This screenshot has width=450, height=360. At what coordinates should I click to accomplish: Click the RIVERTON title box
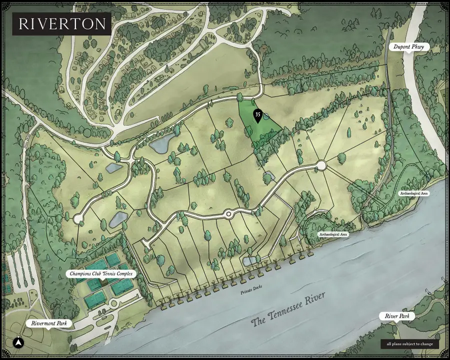61,23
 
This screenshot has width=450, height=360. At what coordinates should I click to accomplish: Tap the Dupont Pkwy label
408,47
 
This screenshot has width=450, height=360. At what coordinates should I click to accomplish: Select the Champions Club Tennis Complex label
102,274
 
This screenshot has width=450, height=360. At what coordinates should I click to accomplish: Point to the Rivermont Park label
50,323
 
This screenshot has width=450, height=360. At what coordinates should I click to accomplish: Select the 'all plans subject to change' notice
409,344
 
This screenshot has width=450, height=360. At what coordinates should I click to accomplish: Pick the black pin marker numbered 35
257,115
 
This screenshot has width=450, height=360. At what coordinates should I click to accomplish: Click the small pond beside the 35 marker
266,116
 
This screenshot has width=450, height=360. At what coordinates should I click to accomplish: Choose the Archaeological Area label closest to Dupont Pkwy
414,193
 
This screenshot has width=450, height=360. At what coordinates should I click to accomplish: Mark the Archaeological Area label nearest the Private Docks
333,234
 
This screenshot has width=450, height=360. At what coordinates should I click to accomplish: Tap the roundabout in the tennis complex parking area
113,303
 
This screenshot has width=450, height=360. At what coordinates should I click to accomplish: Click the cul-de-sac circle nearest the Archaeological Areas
321,165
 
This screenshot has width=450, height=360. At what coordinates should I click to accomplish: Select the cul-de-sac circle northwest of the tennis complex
78,219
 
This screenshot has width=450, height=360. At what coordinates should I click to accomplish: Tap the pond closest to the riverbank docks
248,261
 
